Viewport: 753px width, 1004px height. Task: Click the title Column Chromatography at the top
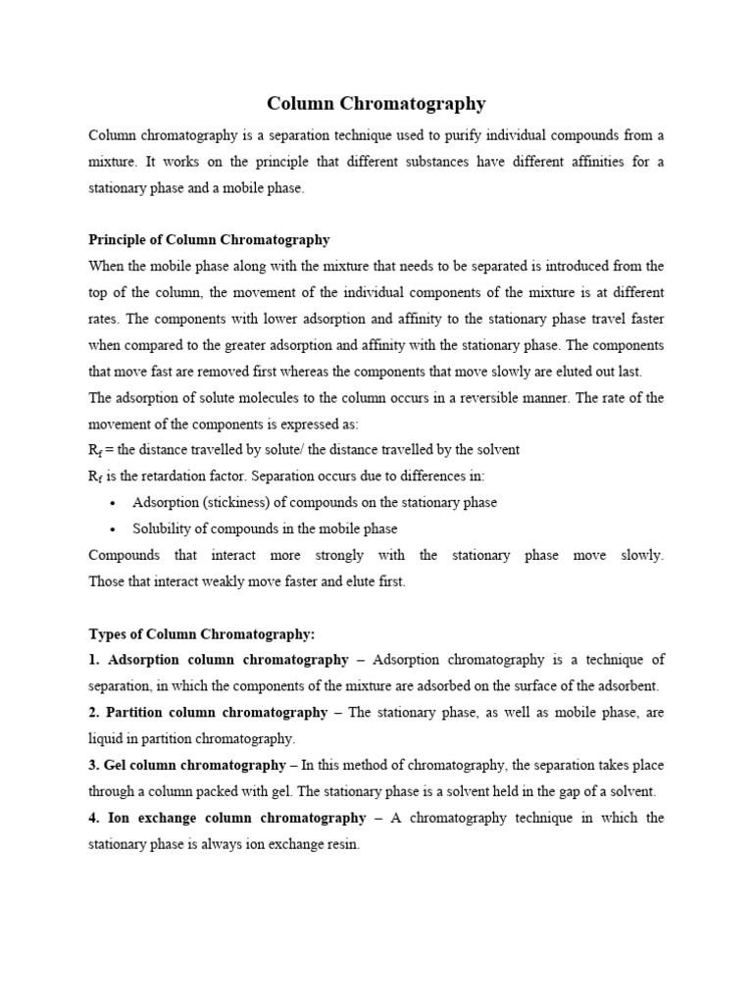(376, 103)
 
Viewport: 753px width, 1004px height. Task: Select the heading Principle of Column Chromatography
(209, 239)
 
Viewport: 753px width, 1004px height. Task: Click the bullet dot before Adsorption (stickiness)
(114, 503)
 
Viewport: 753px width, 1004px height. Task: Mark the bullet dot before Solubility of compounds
(114, 529)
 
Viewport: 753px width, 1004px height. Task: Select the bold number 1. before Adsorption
(95, 660)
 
